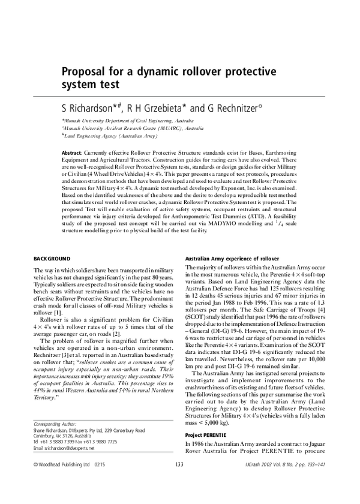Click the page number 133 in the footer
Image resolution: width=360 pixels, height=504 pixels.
click(x=179, y=482)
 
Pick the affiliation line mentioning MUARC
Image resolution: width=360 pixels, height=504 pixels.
click(x=133, y=128)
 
